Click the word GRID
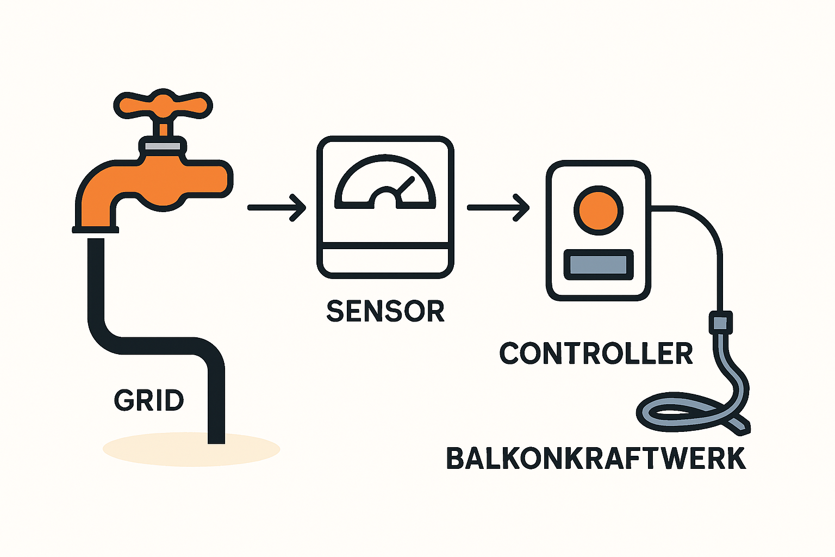[x=149, y=401]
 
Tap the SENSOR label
[x=385, y=311]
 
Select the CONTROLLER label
[x=596, y=354]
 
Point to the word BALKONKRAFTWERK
[x=596, y=459]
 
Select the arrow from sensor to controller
[x=497, y=207]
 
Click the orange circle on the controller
[x=598, y=211]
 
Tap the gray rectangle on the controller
[x=598, y=265]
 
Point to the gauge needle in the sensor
[x=406, y=186]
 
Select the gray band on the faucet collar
[x=163, y=146]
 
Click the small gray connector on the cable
[x=720, y=322]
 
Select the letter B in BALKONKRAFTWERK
[x=456, y=459]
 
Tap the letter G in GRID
[x=123, y=401]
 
